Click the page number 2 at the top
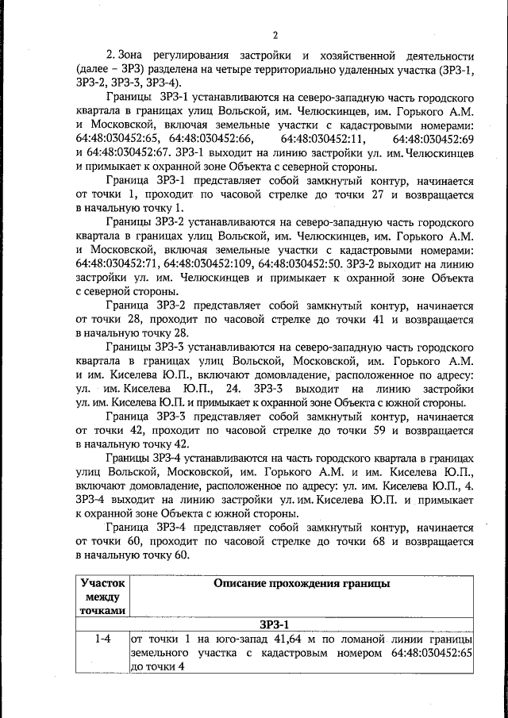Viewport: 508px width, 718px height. [x=275, y=36]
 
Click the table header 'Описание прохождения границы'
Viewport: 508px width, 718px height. [x=302, y=584]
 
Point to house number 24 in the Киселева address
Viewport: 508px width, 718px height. [x=233, y=389]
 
